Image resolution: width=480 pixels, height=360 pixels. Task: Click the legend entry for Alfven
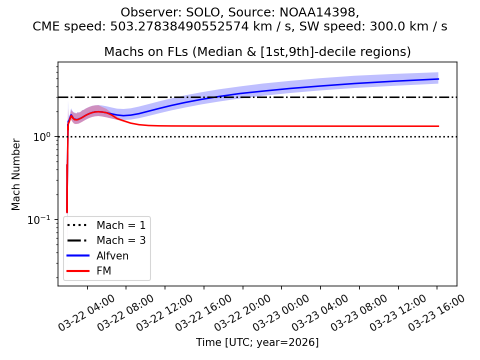click(x=112, y=256)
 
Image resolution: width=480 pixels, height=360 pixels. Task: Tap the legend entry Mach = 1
click(x=121, y=225)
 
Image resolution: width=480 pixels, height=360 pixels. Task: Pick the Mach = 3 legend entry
click(x=121, y=240)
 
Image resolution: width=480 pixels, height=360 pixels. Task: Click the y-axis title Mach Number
click(x=16, y=174)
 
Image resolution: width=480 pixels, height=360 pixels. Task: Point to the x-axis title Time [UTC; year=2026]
click(x=257, y=342)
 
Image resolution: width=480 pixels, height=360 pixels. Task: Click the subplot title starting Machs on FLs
click(x=257, y=52)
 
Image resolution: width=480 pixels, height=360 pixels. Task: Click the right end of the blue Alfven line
click(x=438, y=79)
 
